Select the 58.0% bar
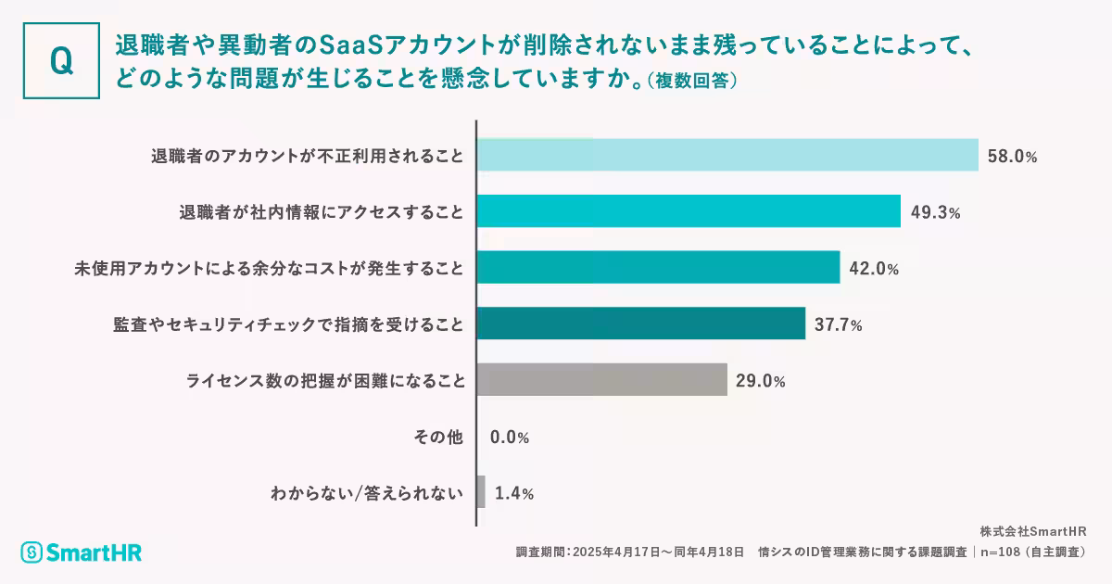pos(727,155)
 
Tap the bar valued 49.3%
pos(689,211)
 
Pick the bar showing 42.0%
pos(658,267)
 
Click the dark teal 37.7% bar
pos(641,324)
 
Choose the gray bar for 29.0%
pos(601,379)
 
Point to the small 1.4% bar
pos(481,491)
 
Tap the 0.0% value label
pos(510,437)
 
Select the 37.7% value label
pos(839,324)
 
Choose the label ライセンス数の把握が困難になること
pos(324,380)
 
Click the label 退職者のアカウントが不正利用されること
pos(307,156)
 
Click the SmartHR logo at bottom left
pos(82,552)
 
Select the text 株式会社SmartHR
pos(1032,532)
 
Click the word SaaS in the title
pos(351,44)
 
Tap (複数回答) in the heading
pos(692,81)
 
